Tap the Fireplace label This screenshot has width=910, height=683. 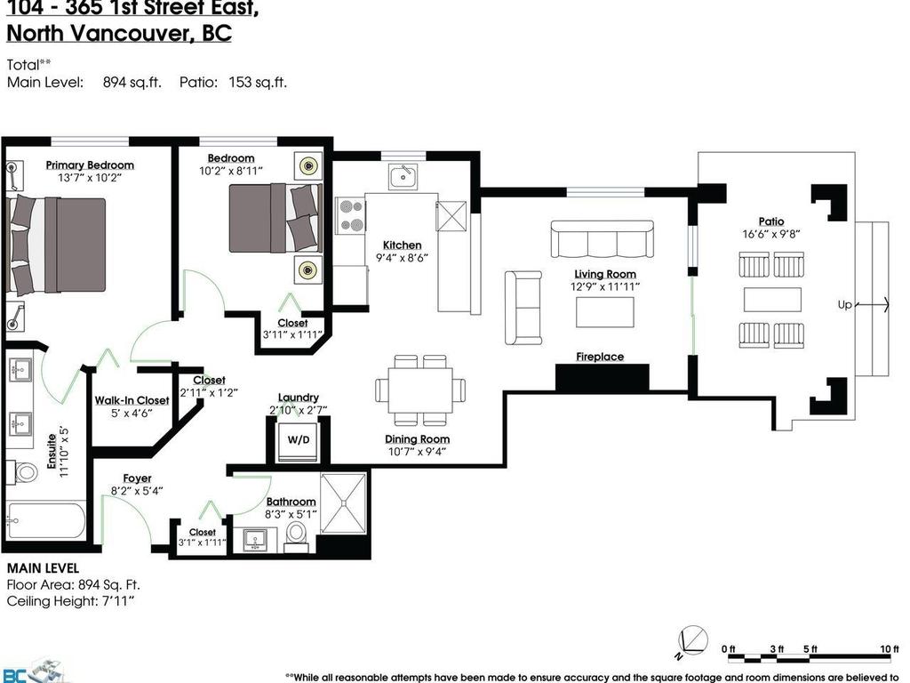[x=600, y=357]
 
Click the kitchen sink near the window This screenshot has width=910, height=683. [x=403, y=176]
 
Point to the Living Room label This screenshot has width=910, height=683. [x=604, y=274]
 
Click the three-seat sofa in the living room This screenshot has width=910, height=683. [x=602, y=239]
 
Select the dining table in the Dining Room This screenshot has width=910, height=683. [x=420, y=390]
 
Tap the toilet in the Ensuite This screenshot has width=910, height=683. [x=24, y=471]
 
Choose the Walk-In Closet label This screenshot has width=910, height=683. [x=132, y=400]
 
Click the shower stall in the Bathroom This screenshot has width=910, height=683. [x=342, y=503]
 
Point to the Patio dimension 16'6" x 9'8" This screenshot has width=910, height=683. [x=771, y=234]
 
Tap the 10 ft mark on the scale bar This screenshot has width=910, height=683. [x=889, y=649]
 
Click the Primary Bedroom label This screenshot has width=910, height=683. [x=90, y=165]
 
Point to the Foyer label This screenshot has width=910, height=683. [x=137, y=478]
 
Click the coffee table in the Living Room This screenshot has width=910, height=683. [x=604, y=312]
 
